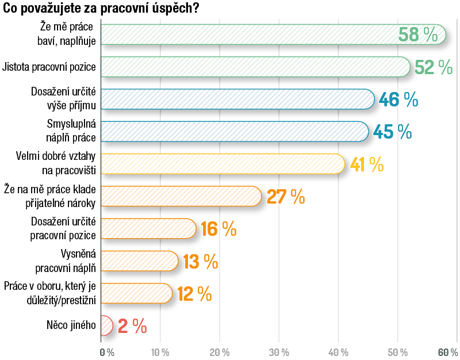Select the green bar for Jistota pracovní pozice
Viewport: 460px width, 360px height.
click(x=253, y=67)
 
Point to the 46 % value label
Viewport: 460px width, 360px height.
click(x=398, y=99)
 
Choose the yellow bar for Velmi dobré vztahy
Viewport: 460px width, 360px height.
click(x=221, y=164)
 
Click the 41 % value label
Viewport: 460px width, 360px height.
click(x=366, y=164)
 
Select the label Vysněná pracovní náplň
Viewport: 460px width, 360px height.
click(x=66, y=261)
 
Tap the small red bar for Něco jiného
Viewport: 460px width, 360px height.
click(x=106, y=325)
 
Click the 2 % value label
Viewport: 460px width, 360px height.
click(x=132, y=326)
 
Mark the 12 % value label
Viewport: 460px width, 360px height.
click(x=194, y=294)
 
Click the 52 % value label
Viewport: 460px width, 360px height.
click(x=433, y=67)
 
